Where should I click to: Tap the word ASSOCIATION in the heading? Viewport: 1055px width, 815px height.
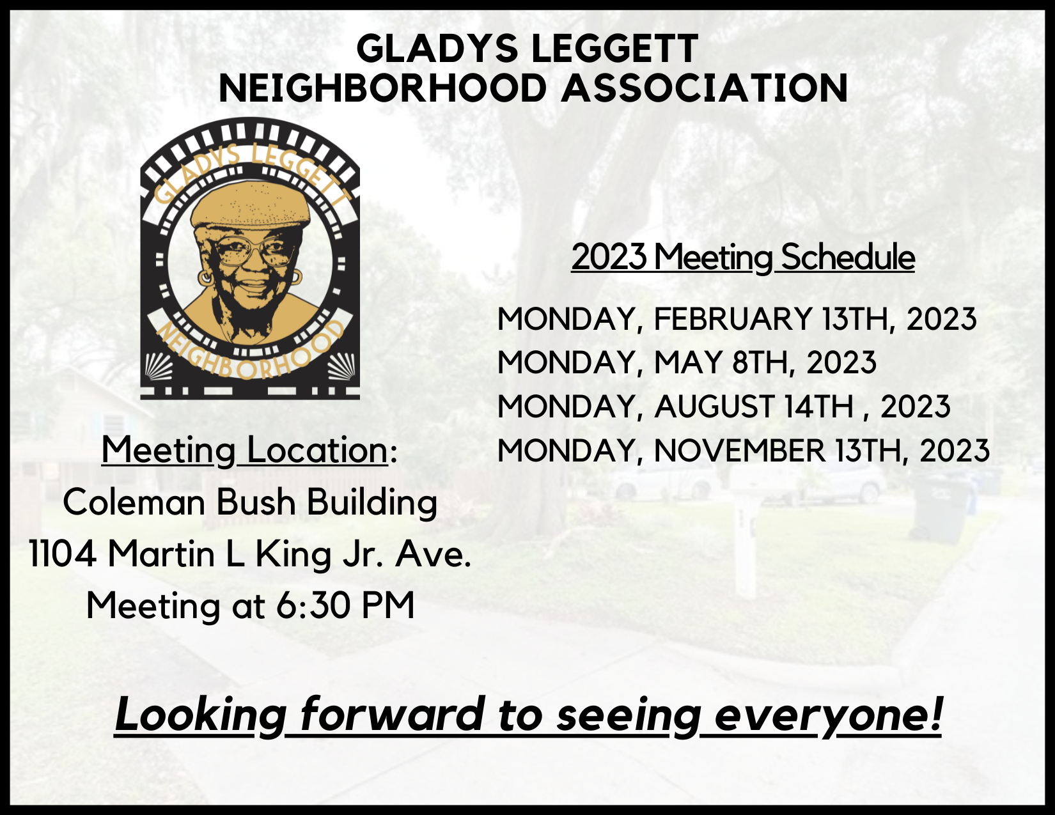pyautogui.click(x=704, y=88)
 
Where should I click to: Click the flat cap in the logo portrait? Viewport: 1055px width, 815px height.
pyautogui.click(x=251, y=205)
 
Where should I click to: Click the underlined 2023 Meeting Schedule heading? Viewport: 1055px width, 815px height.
pyautogui.click(x=743, y=257)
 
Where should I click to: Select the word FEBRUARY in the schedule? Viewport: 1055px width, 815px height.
pyautogui.click(x=733, y=319)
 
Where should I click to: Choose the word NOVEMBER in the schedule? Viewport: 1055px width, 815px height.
pyautogui.click(x=740, y=451)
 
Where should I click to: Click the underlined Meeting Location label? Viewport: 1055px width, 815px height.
pyautogui.click(x=245, y=450)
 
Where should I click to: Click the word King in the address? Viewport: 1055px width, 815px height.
pyautogui.click(x=293, y=555)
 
